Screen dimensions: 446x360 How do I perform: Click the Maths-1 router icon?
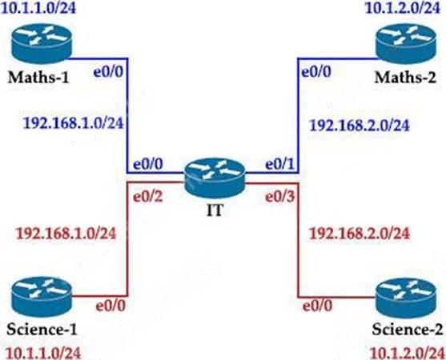(x=42, y=44)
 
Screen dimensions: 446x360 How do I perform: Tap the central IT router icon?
(x=215, y=178)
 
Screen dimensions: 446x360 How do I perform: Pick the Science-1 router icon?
(x=42, y=297)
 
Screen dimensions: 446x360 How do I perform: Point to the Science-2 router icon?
(x=406, y=298)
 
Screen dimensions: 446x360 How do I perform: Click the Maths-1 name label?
(x=38, y=78)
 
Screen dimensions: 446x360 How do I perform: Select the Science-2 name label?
(x=408, y=330)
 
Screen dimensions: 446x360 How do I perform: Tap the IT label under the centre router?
(x=215, y=210)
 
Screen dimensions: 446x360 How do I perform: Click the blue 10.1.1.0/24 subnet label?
(x=38, y=8)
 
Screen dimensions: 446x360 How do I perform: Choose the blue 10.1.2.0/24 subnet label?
(x=403, y=8)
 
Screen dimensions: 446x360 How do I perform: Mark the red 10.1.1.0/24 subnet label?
(x=43, y=354)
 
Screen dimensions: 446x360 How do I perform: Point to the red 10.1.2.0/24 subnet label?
(x=407, y=354)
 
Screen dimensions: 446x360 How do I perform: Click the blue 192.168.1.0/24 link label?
(x=74, y=123)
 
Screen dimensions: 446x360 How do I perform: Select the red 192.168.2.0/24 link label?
(x=360, y=234)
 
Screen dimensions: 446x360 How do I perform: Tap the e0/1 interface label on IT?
(x=279, y=165)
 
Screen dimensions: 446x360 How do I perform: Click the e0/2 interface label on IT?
(x=148, y=196)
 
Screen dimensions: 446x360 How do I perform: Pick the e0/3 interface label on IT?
(x=279, y=196)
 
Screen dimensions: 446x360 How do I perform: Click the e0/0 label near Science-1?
(x=110, y=306)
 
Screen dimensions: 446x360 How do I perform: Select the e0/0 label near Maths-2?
(x=316, y=72)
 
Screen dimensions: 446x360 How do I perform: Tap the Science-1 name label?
(x=42, y=330)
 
